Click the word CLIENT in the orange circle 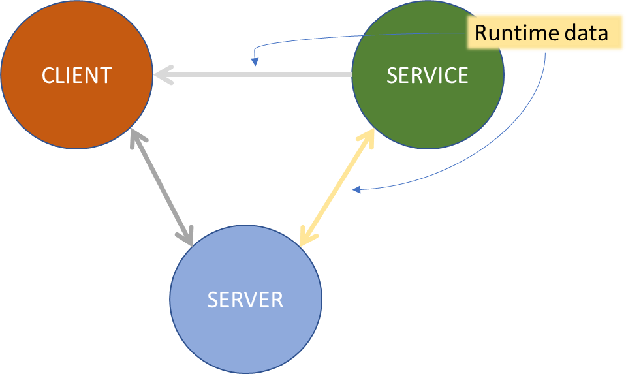coord(76,75)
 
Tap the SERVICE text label coord(428,75)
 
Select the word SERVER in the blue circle coord(245,300)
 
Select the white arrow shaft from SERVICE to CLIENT coord(261,75)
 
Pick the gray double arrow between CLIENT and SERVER coord(162,187)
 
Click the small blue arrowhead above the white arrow coord(255,62)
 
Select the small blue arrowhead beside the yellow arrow coord(356,190)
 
